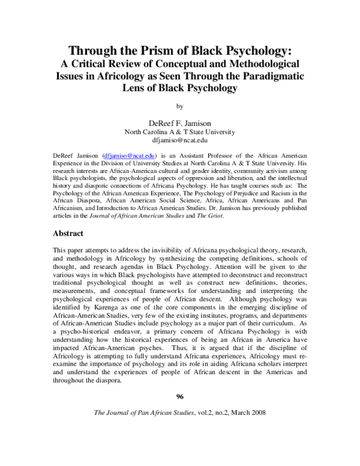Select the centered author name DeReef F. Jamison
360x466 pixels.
[x=179, y=122]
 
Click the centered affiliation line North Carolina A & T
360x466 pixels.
[x=179, y=132]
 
